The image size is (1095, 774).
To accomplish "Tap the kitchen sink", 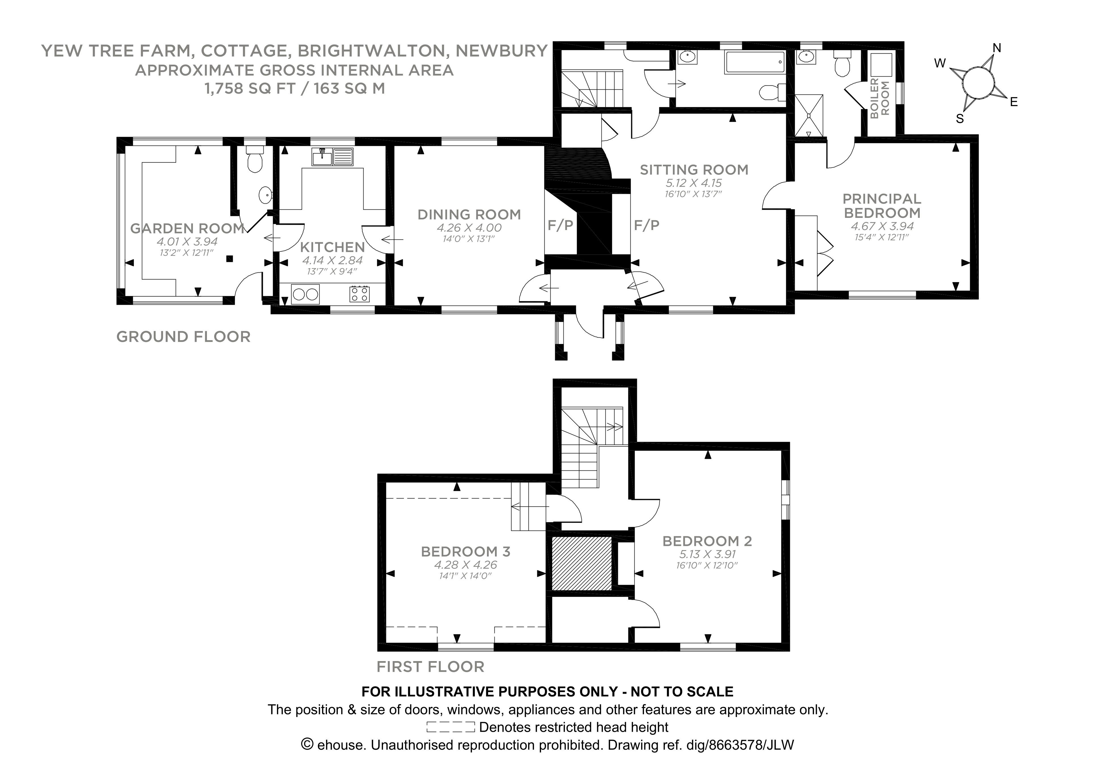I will coord(332,157).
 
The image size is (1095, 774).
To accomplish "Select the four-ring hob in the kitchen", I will coord(360,294).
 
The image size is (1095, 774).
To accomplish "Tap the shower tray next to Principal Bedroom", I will coord(809,115).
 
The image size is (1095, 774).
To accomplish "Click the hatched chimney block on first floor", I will coord(581,563).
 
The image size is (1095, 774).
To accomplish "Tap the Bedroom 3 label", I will coord(465,552).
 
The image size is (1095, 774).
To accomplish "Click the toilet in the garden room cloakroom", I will coord(254,160).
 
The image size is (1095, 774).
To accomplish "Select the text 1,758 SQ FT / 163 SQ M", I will coord(295,89).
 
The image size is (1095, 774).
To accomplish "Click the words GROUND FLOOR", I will coord(183,337).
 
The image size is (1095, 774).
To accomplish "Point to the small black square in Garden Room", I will coord(229,258).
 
